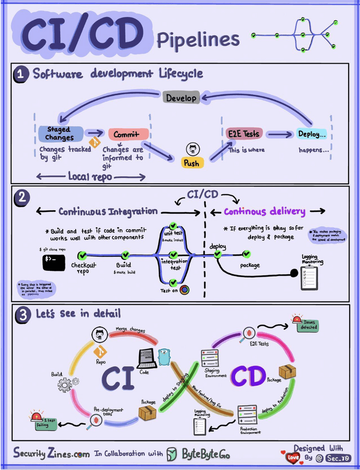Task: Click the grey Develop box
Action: [x=181, y=98]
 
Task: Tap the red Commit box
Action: [x=128, y=134]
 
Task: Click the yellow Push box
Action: [x=191, y=163]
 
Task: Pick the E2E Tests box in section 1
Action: [x=244, y=133]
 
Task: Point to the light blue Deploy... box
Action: [x=312, y=134]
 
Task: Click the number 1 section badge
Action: [x=21, y=74]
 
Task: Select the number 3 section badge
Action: [x=21, y=315]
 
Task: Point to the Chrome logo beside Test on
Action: [x=184, y=289]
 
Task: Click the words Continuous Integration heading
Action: [x=108, y=212]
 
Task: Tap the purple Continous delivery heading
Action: [x=264, y=212]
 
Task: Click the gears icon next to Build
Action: [x=68, y=384]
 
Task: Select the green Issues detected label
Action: [x=310, y=325]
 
